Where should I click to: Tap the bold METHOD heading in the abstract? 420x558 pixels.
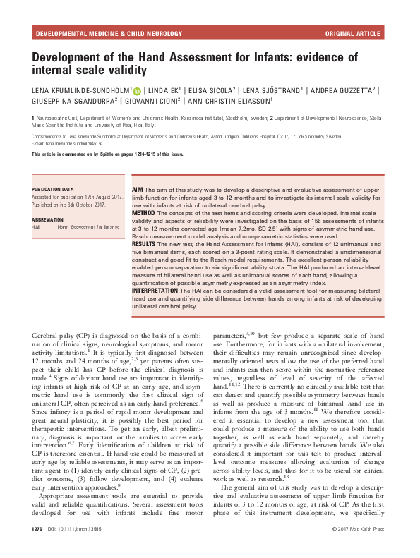(143, 212)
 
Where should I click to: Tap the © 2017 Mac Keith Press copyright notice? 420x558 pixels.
(358, 549)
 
